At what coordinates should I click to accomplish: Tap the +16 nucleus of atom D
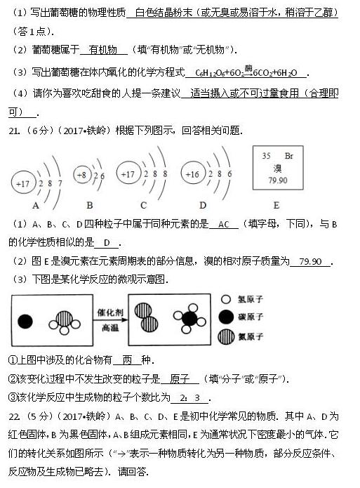tap(191, 174)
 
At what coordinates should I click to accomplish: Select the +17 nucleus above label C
tap(128, 174)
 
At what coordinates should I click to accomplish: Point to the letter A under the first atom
tap(35, 205)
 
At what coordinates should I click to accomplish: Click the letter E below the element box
tap(276, 205)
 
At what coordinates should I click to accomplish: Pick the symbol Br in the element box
tap(288, 155)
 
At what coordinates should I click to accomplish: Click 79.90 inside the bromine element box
tap(277, 180)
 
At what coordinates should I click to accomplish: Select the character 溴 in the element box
tap(277, 168)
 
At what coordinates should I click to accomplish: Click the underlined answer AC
tap(224, 224)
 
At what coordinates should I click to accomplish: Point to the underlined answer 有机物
tap(103, 50)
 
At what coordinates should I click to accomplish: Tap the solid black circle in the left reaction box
tap(25, 322)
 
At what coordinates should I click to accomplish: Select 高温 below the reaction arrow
tap(110, 327)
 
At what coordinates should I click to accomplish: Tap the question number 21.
tap(14, 130)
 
